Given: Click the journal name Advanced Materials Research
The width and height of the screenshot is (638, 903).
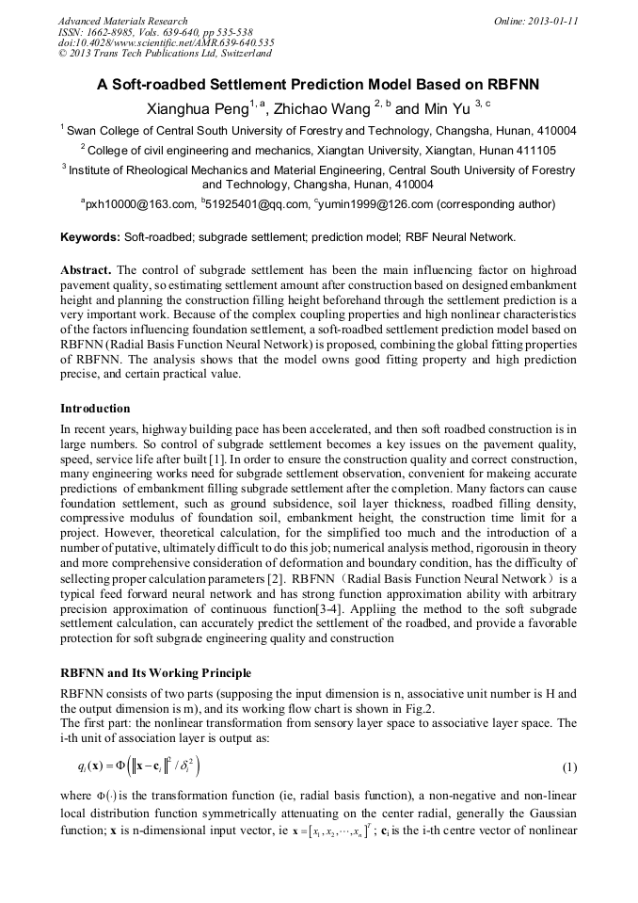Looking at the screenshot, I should point(122,21).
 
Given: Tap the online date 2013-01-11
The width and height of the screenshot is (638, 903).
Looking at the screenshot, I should point(551,21).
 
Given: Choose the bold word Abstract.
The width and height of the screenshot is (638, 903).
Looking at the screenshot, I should point(87,269).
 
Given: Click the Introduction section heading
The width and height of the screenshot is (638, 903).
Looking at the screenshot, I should point(95,409).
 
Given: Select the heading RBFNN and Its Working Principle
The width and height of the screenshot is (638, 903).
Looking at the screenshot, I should point(155,673).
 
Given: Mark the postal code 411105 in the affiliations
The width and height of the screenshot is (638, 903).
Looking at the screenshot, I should point(534,150).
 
